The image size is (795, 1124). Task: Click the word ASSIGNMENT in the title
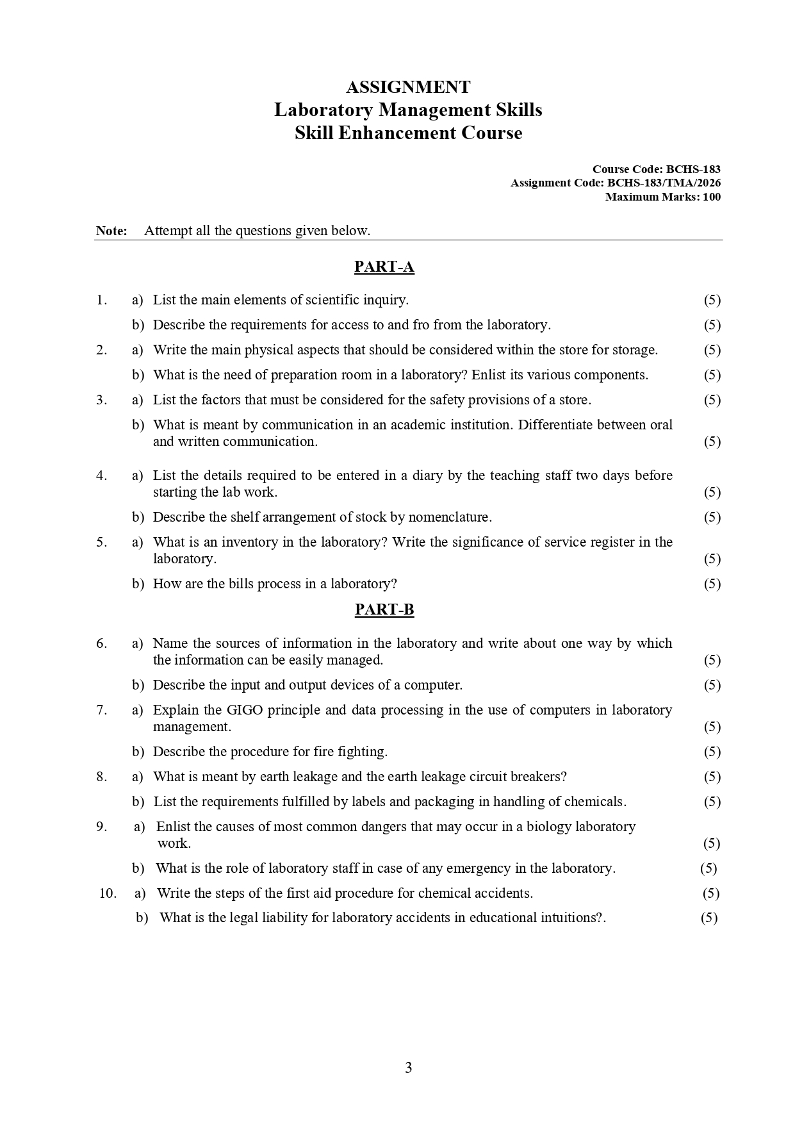408,87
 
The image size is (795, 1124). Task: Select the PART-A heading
384,267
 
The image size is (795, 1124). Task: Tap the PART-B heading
384,609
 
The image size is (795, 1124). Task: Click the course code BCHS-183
693,169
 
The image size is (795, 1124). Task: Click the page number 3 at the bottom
408,1068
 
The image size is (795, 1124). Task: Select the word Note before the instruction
111,231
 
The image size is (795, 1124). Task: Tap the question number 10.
108,893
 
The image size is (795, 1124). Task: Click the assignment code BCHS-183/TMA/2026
664,183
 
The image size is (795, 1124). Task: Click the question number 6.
102,643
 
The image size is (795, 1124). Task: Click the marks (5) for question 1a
712,300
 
